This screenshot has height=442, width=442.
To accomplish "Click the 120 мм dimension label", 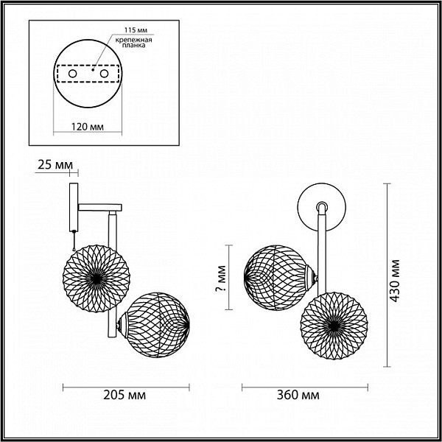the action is click(x=88, y=127).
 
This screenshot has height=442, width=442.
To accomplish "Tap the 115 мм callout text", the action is click(x=136, y=30).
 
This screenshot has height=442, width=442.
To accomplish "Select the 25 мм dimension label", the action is click(x=55, y=165).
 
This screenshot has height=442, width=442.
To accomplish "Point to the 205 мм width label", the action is click(x=124, y=395).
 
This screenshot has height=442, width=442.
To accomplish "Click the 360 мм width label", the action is click(x=298, y=395).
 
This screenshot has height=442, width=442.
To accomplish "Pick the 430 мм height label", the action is click(x=395, y=281).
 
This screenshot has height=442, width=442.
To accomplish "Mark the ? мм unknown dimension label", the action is click(x=221, y=278).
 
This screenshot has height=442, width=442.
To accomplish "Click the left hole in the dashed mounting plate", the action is click(x=72, y=74).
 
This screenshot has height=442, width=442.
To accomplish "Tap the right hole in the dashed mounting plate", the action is click(x=104, y=74).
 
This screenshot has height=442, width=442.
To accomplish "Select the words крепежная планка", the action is click(x=133, y=42).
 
